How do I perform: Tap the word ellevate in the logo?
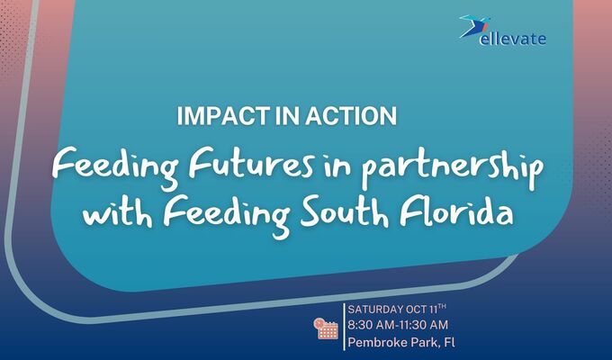[x=515, y=39]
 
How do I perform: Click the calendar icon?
[x=326, y=328]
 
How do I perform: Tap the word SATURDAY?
[x=380, y=308]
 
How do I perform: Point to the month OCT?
[x=428, y=308]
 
